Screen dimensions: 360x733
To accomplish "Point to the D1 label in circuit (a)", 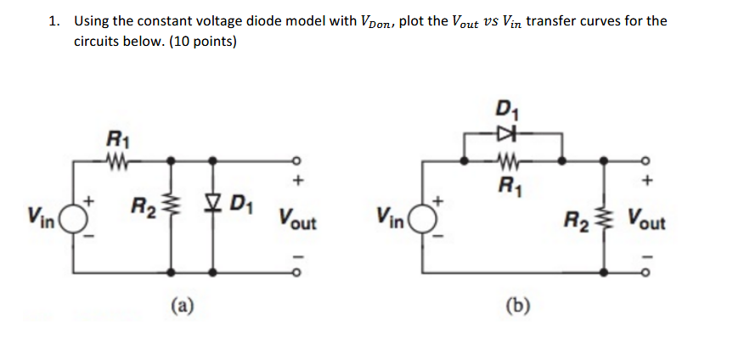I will click(x=240, y=205).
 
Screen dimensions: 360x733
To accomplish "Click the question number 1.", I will click(x=54, y=21).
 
